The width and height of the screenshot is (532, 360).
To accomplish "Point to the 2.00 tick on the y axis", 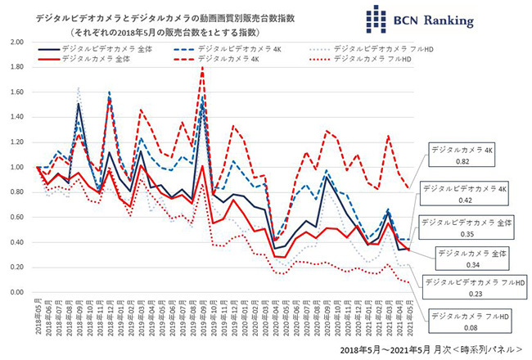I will [x=15, y=43].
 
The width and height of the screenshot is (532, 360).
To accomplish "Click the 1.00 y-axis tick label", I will [x=15, y=168].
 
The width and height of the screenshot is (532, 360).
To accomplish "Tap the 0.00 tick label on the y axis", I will [x=15, y=292].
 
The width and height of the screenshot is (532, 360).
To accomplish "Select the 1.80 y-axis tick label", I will [x=15, y=68].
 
